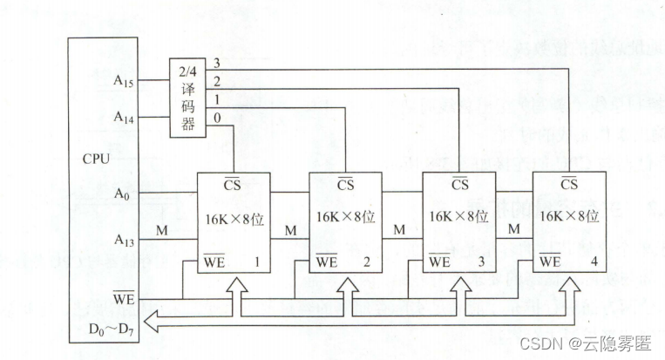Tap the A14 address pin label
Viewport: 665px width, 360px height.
(124, 116)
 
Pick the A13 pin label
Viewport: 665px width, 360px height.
(124, 238)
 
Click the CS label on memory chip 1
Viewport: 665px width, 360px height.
(233, 184)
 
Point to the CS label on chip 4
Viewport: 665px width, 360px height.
(569, 184)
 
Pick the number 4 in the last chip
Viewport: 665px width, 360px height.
(595, 262)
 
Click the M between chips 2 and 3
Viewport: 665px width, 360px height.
(398, 230)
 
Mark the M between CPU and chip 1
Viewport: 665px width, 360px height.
(161, 230)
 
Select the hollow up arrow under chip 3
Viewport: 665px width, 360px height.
(458, 290)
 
